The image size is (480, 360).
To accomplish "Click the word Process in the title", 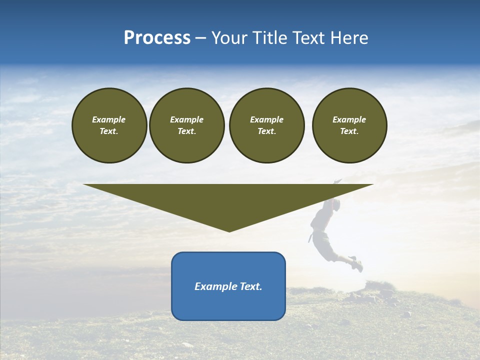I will point(157,38).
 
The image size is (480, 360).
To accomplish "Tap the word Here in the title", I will point(348,38).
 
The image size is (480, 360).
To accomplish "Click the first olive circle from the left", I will point(109,125).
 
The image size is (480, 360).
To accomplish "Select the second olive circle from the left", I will point(187,125).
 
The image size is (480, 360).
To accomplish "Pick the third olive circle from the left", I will point(266,125).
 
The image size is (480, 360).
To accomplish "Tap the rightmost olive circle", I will point(349,125).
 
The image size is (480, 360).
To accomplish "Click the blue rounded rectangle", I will point(228,286).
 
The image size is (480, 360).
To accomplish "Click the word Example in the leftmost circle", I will point(109,119).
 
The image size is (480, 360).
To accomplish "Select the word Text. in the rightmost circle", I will point(349,131).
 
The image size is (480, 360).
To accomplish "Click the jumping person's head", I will point(335,204).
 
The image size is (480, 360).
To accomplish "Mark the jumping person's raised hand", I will point(338,180).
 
